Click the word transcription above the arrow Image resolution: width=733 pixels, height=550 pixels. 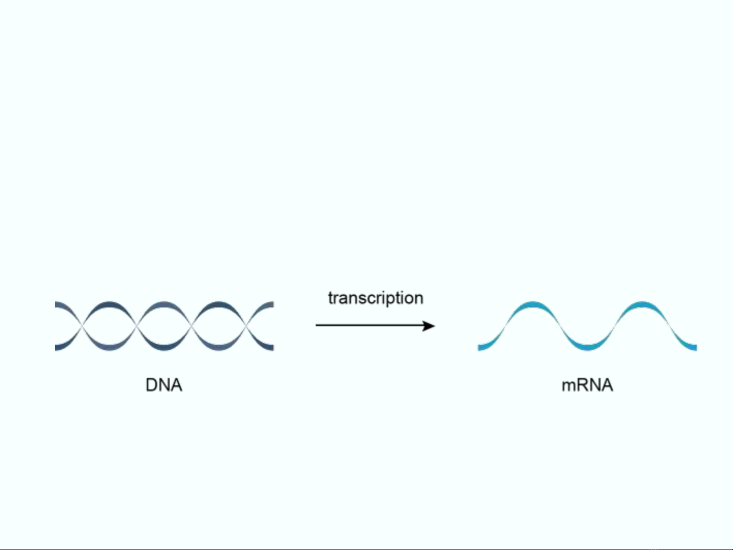click(376, 298)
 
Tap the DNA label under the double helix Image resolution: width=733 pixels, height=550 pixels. click(164, 385)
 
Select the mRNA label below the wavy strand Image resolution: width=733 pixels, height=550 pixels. click(588, 385)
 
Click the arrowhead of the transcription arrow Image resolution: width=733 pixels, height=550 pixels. click(429, 326)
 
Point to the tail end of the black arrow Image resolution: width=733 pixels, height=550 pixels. click(316, 325)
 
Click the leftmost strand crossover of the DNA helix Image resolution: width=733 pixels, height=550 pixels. click(82, 326)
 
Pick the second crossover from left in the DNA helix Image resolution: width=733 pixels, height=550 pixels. click(137, 326)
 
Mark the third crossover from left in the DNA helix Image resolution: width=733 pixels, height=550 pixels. click(192, 326)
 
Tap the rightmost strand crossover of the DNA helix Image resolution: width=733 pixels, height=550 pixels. click(246, 326)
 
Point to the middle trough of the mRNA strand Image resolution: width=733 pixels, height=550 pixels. click(588, 347)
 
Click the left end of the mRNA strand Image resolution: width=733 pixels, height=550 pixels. click(479, 348)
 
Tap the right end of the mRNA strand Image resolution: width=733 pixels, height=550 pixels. click(696, 348)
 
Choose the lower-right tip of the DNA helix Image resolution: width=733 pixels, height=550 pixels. click(273, 348)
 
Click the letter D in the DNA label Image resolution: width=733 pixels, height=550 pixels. click(152, 385)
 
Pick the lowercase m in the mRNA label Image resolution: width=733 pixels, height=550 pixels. click(568, 387)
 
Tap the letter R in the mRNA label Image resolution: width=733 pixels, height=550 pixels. click(582, 385)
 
